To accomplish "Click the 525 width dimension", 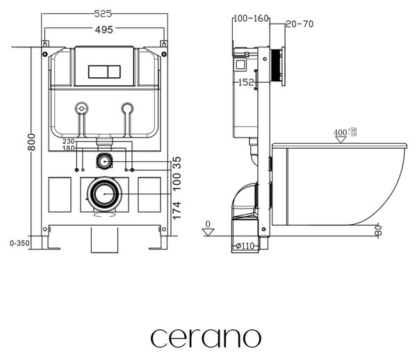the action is (x=103, y=14).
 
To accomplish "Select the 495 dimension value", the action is (x=104, y=29).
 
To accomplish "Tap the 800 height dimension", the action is (x=31, y=142).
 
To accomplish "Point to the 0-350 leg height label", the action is (x=19, y=243).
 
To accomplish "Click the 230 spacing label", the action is (x=69, y=141).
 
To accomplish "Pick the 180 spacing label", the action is (x=69, y=148).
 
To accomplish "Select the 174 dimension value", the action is (x=177, y=211).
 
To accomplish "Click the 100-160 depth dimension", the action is (x=251, y=18).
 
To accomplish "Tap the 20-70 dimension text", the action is (x=300, y=24).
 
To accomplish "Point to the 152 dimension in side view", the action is (x=246, y=82).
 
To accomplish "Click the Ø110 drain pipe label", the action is (x=245, y=246).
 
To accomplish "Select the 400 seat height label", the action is (x=345, y=132).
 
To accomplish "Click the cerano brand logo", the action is (x=206, y=338).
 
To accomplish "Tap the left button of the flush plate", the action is (x=98, y=72).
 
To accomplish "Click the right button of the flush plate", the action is (x=114, y=72).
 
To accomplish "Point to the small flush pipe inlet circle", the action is (x=104, y=161).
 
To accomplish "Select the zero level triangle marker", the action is (x=208, y=232).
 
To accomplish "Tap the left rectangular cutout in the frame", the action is (x=60, y=195).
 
